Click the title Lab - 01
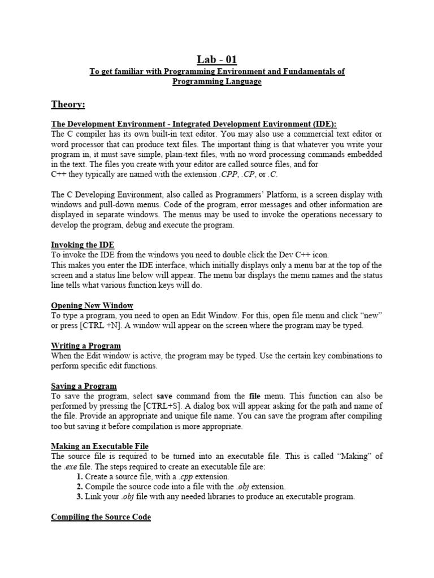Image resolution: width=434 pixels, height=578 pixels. pyautogui.click(x=216, y=59)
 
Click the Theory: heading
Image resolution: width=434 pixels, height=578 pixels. pyautogui.click(x=68, y=104)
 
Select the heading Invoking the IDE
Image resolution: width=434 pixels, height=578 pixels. pyautogui.click(x=83, y=244)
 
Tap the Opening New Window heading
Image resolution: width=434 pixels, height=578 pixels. pyautogui.click(x=92, y=305)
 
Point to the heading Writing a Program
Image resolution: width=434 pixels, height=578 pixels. pyautogui.click(x=86, y=345)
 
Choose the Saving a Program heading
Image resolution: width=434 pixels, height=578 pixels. pyautogui.click(x=84, y=386)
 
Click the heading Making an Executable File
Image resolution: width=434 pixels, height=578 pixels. pyautogui.click(x=100, y=446)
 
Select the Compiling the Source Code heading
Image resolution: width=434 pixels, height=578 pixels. pyautogui.click(x=101, y=516)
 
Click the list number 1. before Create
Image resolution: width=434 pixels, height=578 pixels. pyautogui.click(x=80, y=476)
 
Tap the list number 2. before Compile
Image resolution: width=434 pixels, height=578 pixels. pyautogui.click(x=80, y=487)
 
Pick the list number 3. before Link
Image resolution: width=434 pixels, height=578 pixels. pyautogui.click(x=80, y=497)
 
